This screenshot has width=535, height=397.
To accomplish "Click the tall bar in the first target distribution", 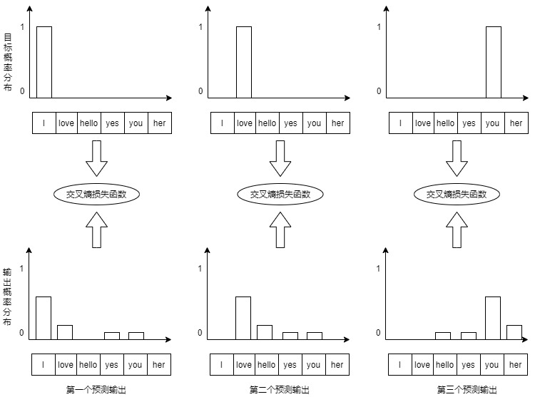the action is point(44,62).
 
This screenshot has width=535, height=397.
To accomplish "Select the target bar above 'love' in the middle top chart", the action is point(244,62).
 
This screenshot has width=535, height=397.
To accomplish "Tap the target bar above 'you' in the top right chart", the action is point(494,62).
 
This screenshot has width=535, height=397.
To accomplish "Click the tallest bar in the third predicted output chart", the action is point(493,318).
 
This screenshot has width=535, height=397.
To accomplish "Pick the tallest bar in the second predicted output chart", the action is point(243,318).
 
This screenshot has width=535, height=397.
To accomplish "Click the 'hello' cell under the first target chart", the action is point(89,123).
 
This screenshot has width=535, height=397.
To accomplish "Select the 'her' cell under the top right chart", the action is point(516,123).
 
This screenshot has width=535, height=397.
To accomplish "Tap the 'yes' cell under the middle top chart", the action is point(291,123).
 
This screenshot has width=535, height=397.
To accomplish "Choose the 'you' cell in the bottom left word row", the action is point(135,365).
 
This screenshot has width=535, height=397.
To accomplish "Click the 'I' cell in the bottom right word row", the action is point(400,365).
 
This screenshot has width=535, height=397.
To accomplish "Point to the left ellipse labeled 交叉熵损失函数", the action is point(96,195).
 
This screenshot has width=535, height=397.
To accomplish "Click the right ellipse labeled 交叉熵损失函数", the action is point(457,195).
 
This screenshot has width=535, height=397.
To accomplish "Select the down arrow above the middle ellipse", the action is point(280,158).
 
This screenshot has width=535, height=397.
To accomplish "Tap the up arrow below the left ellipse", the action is point(96,230).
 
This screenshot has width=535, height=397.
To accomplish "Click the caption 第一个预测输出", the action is point(96,389).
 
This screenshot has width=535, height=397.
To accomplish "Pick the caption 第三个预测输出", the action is point(467,389).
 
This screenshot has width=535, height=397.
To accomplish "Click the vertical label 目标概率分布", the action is point(8,62).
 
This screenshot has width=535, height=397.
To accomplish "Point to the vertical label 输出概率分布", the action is point(7,297).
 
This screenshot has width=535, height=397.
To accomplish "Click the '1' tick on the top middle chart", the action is point(200,26).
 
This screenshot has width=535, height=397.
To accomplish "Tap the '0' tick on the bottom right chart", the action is point(378,333).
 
